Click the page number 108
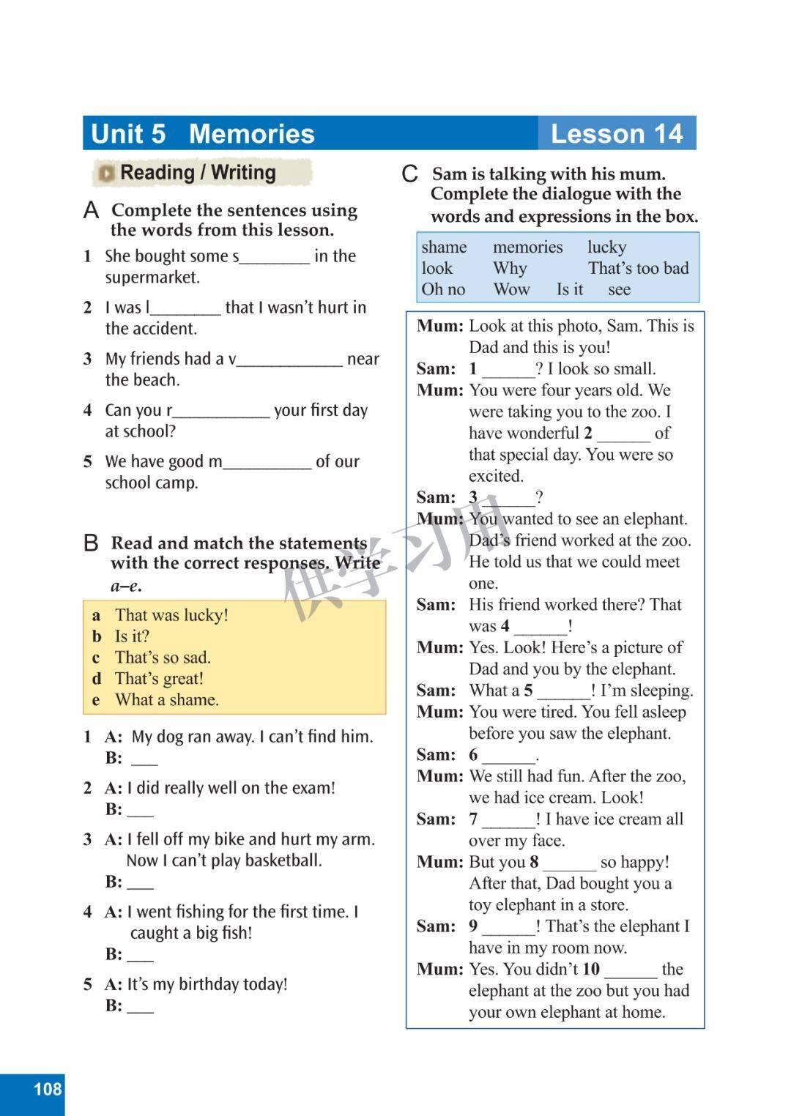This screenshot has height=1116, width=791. click(x=48, y=1089)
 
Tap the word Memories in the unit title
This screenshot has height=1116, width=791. click(x=251, y=134)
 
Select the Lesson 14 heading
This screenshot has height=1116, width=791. click(x=616, y=134)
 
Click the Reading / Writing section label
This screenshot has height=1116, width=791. click(x=198, y=173)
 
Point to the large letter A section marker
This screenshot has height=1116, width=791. click(x=91, y=211)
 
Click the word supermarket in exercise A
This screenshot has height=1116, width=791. click(x=152, y=278)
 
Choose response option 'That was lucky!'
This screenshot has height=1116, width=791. click(x=171, y=615)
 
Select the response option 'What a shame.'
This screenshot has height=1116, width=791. click(x=166, y=700)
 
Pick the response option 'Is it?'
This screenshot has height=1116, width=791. click(x=132, y=636)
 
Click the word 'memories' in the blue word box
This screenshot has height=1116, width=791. click(x=527, y=248)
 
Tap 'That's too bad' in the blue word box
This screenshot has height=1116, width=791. click(x=638, y=269)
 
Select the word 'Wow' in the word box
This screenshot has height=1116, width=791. click(x=511, y=290)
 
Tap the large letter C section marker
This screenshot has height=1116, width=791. click(x=409, y=174)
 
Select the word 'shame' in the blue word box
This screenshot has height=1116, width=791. click(x=444, y=248)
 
